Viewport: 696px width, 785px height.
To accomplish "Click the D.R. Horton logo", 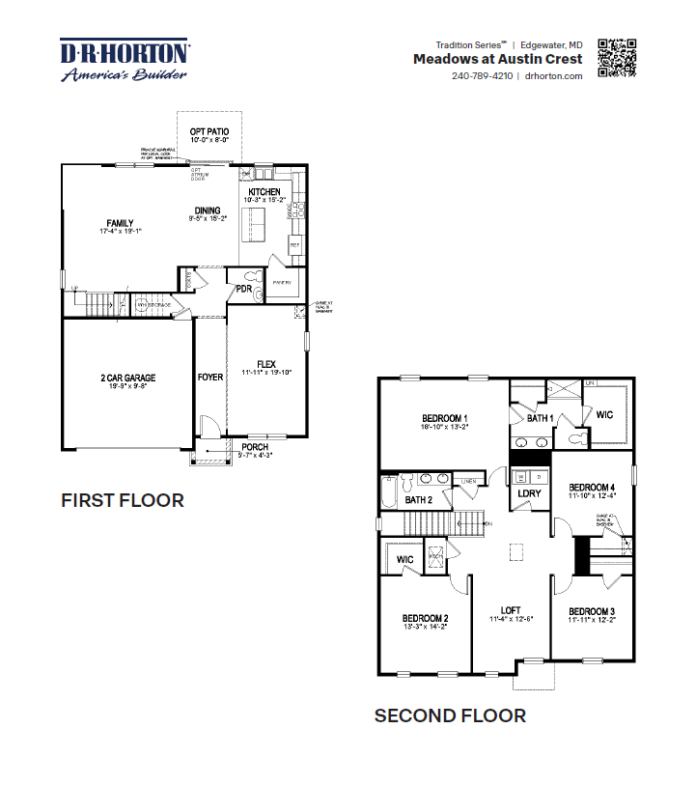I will (125, 60).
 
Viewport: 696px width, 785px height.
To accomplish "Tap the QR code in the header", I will (618, 58).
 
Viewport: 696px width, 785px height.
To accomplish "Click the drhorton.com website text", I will (553, 76).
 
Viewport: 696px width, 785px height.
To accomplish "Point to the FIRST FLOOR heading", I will (123, 500).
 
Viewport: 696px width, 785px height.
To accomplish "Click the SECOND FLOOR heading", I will (450, 715).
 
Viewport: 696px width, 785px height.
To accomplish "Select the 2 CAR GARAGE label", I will (127, 378).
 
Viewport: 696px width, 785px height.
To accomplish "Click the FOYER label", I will (209, 377).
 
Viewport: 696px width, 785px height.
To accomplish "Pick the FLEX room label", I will (266, 365).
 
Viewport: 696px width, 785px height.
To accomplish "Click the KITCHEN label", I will (264, 192).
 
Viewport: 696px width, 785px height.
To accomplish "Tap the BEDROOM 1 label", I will (444, 416).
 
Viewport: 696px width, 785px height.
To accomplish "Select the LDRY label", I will (529, 493).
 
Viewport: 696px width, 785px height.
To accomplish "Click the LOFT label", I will (511, 609).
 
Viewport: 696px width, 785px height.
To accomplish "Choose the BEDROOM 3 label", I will (592, 612).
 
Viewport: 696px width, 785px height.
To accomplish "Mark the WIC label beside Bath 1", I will (604, 414).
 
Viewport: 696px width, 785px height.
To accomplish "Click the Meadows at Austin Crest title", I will (497, 59).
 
